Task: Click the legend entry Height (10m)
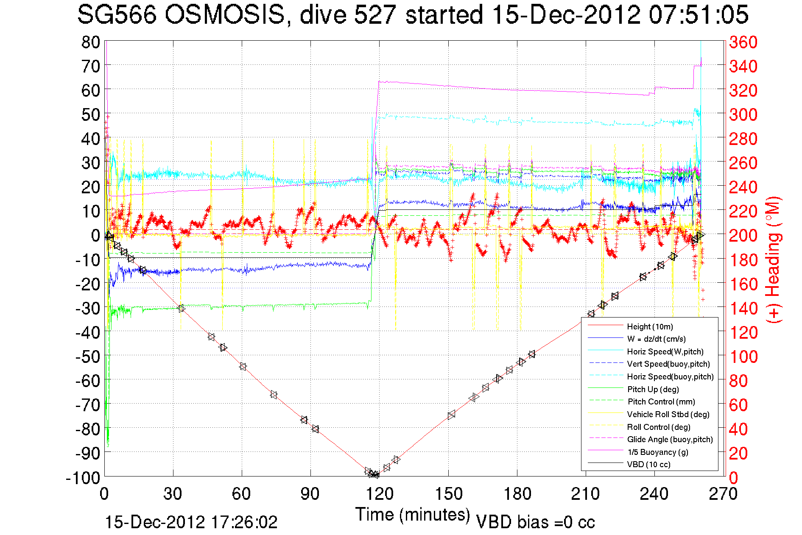[x=650, y=326]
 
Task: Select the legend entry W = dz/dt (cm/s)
[x=656, y=339]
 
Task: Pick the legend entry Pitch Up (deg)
[x=653, y=389]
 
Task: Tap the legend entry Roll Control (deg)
[x=658, y=427]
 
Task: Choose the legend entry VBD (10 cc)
[x=648, y=464]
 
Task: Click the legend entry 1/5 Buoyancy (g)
[x=657, y=452]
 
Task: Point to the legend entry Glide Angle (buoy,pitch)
[x=670, y=439]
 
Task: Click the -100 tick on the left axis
[x=83, y=478]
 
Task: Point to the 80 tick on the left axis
[x=90, y=42]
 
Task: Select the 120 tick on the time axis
[x=380, y=494]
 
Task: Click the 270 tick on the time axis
[x=723, y=494]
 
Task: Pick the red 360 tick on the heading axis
[x=743, y=42]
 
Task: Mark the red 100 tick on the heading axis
[x=743, y=357]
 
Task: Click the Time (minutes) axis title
[x=413, y=515]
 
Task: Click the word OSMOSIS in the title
[x=224, y=15]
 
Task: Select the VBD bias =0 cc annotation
[x=535, y=522]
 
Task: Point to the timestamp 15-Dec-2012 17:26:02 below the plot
[x=191, y=522]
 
